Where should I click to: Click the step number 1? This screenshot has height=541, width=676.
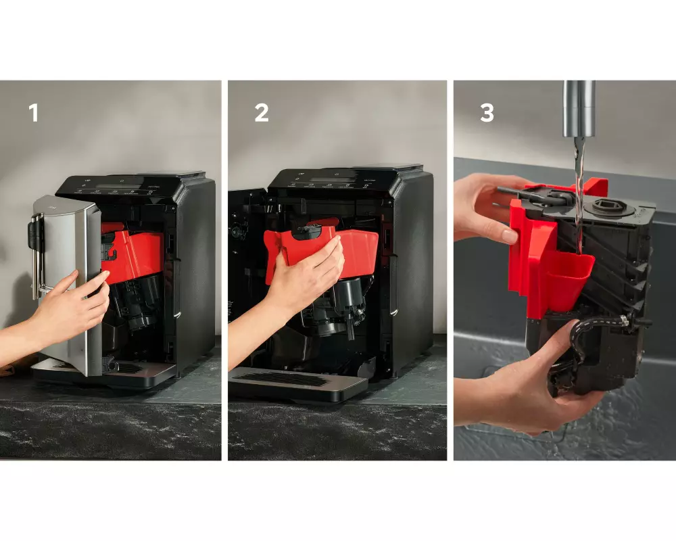34,113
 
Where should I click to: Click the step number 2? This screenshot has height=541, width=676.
262,113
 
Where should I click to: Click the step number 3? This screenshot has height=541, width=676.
487,113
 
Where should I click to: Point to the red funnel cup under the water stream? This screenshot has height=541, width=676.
569,278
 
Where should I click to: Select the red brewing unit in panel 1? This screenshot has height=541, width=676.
132,254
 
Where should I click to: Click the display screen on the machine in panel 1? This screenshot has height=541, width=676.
113,187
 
